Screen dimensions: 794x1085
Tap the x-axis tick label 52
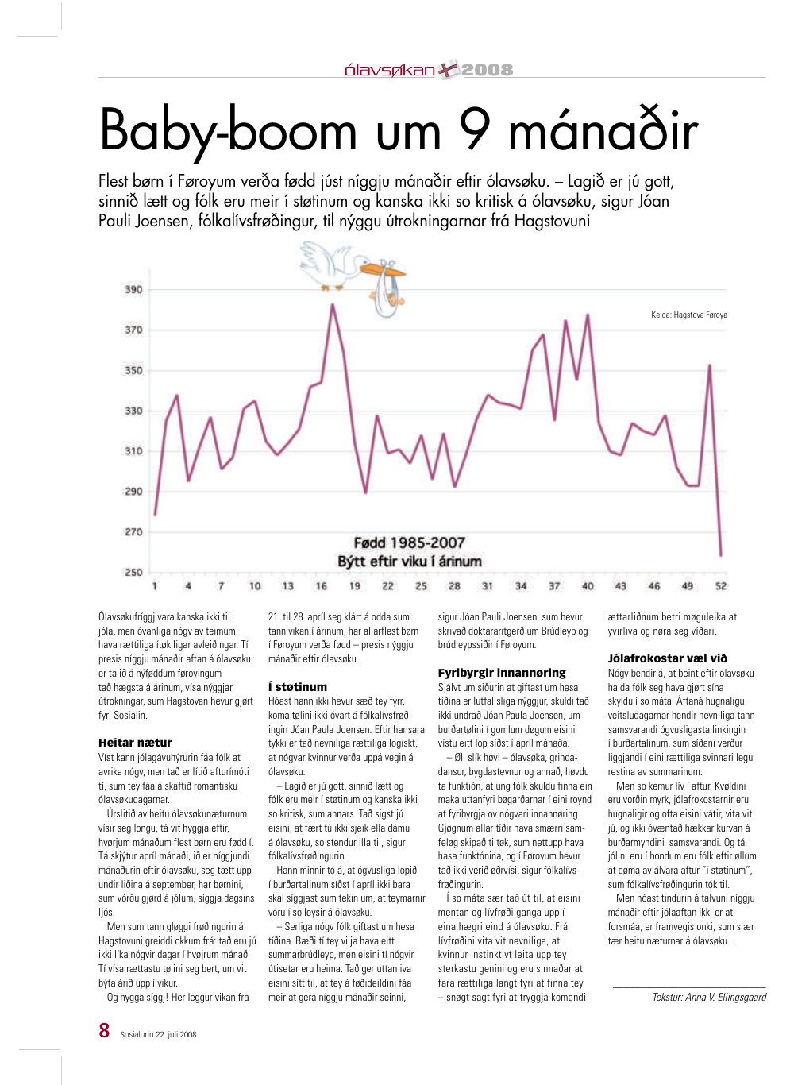pos(721,586)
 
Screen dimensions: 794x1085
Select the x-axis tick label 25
pos(421,586)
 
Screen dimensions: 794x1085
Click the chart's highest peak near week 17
pos(333,305)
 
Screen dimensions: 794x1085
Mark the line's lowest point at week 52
pos(721,555)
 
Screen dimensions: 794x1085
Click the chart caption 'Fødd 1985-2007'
pos(409,542)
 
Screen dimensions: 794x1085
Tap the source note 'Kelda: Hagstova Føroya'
pos(689,315)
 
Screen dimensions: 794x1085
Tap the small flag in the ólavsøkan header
pos(447,71)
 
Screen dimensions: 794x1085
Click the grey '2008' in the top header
pos(487,70)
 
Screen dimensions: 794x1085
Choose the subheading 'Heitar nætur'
pos(135,743)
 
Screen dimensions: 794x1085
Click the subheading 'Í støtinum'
pos(298,686)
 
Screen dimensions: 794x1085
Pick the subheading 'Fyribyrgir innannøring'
pos(502,672)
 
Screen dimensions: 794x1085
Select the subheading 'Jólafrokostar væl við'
pos(668,658)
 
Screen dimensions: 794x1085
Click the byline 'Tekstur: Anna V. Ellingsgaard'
pos(709,997)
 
